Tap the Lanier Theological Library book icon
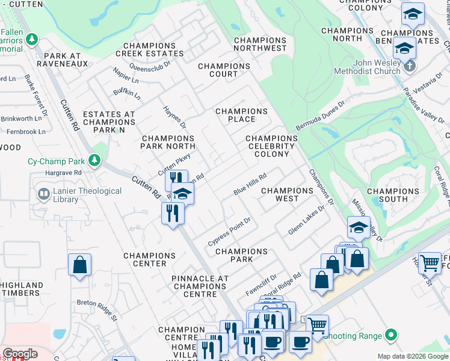[44, 194]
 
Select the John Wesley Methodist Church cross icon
[410, 65]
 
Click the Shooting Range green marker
[392, 335]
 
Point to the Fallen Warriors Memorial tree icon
[32, 40]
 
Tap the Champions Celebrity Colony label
[271, 146]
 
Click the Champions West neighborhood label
[287, 194]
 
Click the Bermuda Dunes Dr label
[320, 116]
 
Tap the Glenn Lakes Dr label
[310, 220]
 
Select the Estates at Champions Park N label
[109, 122]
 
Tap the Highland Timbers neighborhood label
[22, 289]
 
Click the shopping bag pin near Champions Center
[79, 265]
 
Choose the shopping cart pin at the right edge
[430, 262]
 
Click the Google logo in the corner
[20, 354]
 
